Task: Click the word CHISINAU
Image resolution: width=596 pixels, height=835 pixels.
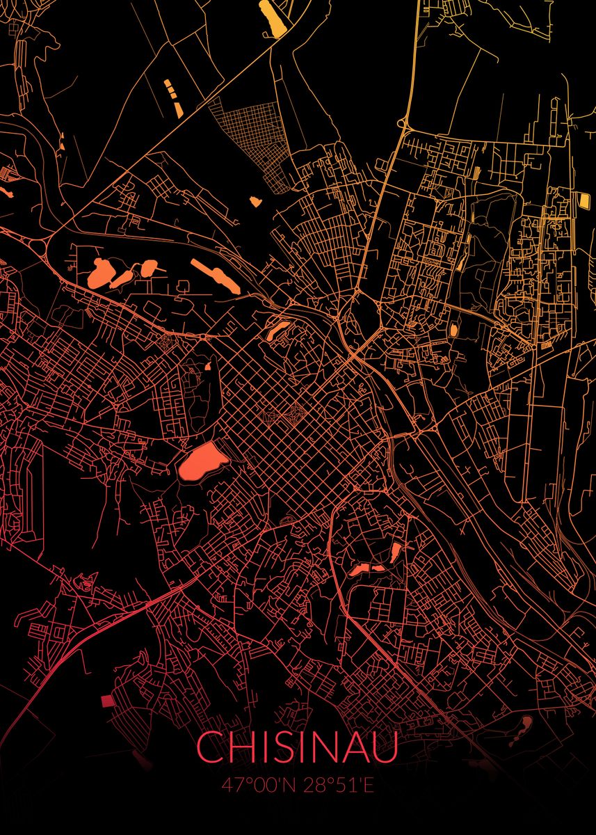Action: point(298,748)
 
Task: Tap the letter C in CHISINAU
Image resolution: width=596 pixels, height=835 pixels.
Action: point(208,748)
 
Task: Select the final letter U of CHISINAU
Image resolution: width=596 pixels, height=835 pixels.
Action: point(387,748)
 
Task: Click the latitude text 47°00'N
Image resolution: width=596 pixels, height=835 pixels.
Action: point(257,785)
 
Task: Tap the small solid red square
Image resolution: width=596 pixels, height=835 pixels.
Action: point(106,701)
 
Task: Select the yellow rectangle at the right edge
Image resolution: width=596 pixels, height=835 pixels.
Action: point(583,200)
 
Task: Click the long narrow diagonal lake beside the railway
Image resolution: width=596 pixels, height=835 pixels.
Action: point(215,276)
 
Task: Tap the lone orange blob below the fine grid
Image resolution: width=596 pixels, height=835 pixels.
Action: point(256,201)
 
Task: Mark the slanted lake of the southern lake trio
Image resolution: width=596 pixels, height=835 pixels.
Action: point(395,552)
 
